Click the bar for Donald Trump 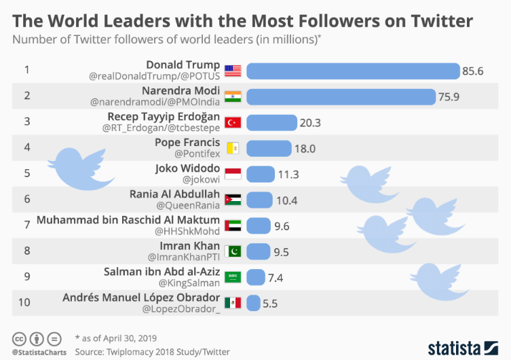[x=352, y=71]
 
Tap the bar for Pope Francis [x=269, y=148]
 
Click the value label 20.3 [x=310, y=122]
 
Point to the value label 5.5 [x=270, y=303]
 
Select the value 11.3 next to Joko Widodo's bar [x=288, y=174]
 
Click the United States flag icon [x=233, y=71]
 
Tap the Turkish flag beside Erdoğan [x=233, y=122]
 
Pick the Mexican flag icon [x=233, y=303]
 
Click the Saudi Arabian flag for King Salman [x=233, y=277]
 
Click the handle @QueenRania [x=189, y=206]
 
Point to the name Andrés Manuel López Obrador [x=141, y=297]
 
